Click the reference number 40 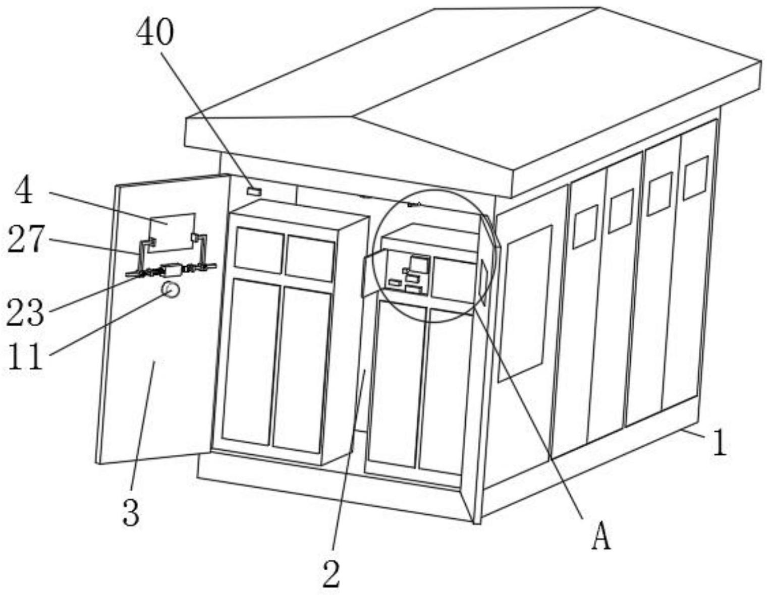tap(155, 33)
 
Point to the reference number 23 tap(25, 313)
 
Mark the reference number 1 tap(719, 444)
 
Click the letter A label tap(600, 537)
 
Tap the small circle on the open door tap(170, 290)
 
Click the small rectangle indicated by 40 tap(254, 191)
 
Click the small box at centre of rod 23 tap(172, 270)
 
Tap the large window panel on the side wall tap(525, 303)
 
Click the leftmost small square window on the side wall tap(585, 226)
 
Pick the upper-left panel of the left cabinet tap(258, 251)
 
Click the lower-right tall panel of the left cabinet tap(301, 368)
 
